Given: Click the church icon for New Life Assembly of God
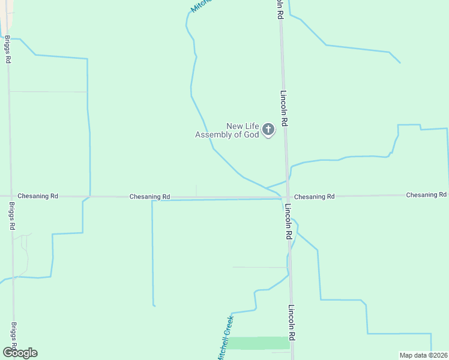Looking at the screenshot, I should point(268,130).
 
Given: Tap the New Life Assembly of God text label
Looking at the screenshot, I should point(227,130).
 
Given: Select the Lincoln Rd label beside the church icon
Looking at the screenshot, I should point(285,108).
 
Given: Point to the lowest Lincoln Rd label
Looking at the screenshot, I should point(291,324).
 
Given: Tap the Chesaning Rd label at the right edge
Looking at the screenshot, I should point(426,195).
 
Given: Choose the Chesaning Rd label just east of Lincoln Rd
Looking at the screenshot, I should point(314,197).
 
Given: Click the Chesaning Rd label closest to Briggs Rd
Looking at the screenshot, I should point(38,196).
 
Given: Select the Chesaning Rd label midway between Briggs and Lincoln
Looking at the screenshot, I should point(149,197).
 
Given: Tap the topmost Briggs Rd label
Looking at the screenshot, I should point(7,49).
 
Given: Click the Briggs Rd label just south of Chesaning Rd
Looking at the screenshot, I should point(11,216).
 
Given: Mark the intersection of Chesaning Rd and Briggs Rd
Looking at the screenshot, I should point(10,196).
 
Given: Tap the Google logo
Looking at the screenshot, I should point(20,353).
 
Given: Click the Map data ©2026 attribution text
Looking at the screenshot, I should point(424,355).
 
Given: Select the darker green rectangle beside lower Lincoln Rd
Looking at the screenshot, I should point(258,343).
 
